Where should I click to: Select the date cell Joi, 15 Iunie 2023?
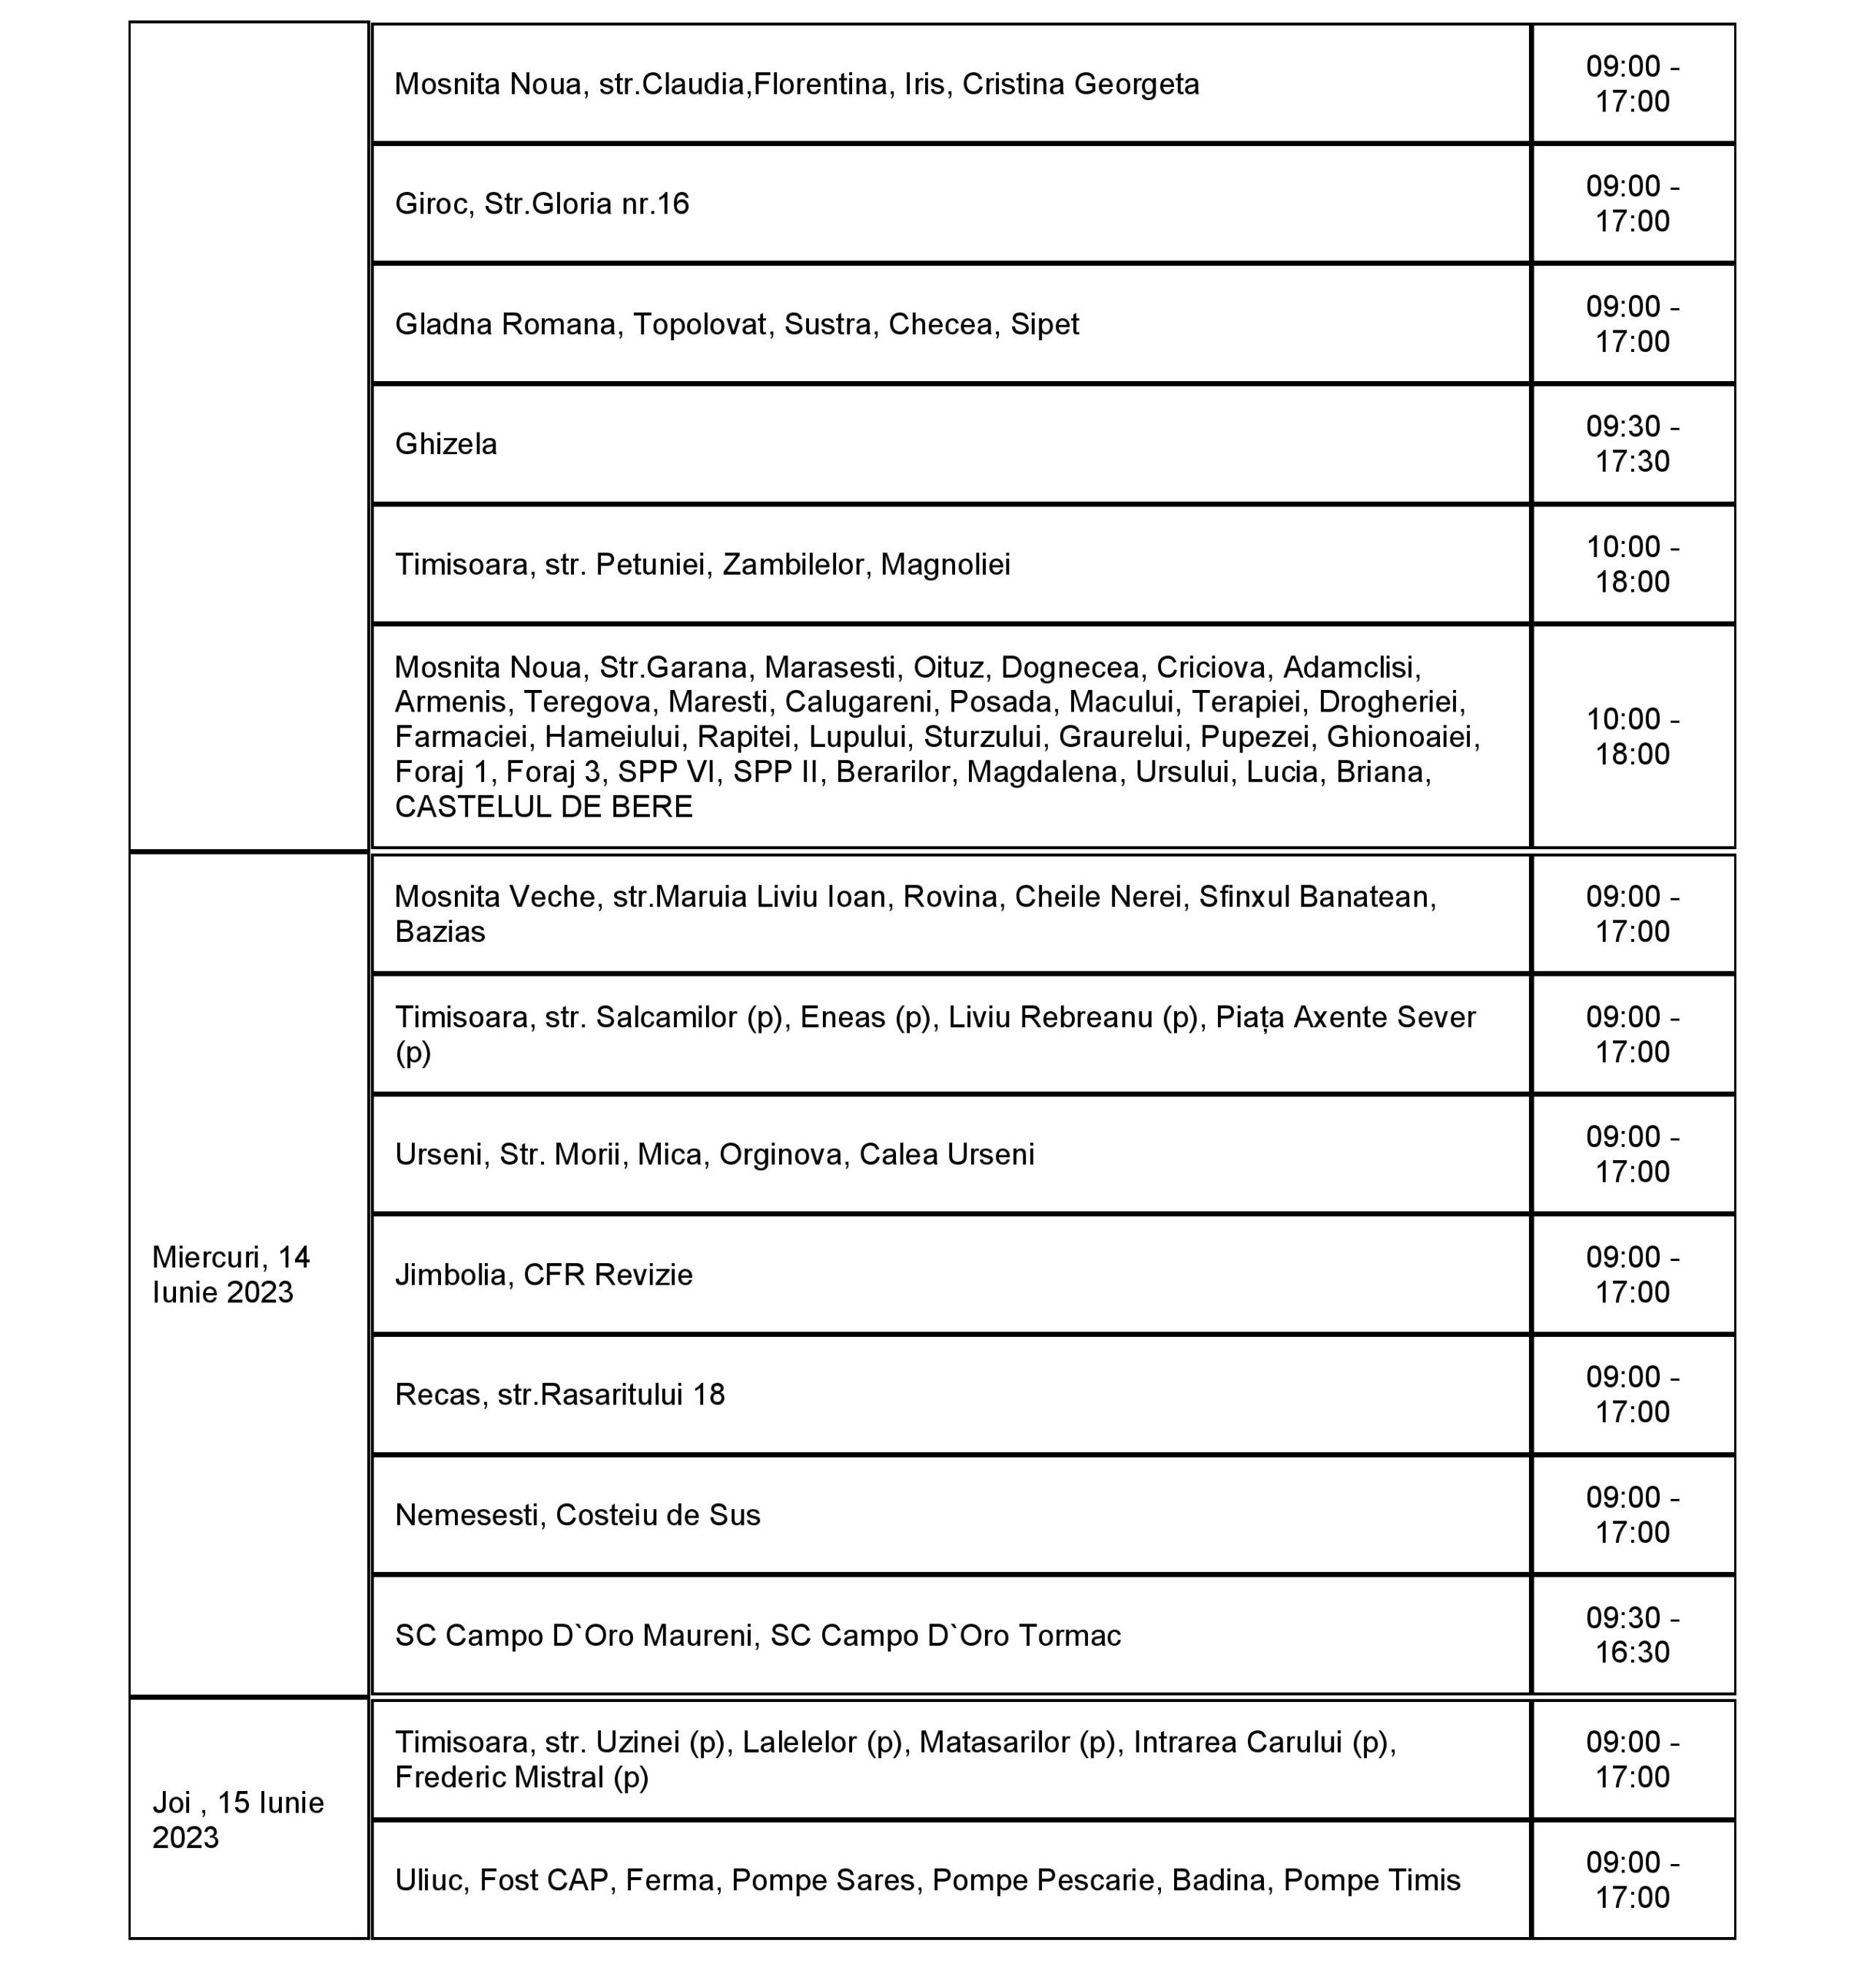[237, 1819]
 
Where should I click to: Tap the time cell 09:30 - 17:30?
[1631, 443]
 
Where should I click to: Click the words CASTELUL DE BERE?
[543, 806]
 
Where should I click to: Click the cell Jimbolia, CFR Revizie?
[543, 1275]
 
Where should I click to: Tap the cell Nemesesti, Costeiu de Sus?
[577, 1515]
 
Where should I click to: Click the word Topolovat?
[699, 323]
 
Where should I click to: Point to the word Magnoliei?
[945, 564]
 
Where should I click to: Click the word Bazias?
[440, 931]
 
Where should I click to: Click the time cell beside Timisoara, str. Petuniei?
[1631, 564]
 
